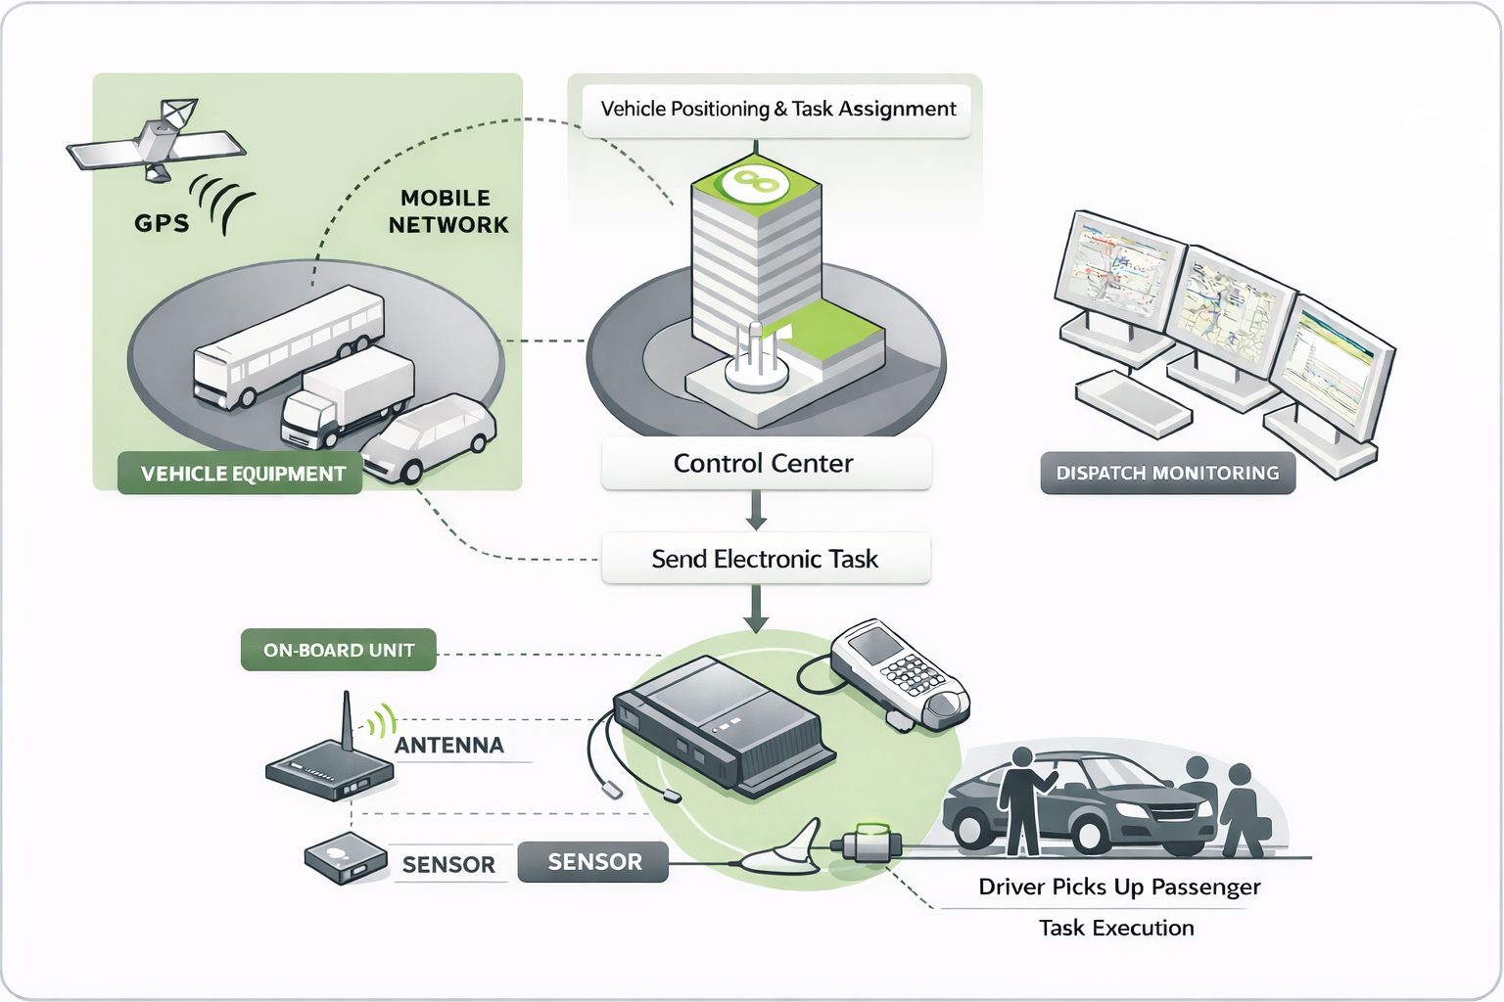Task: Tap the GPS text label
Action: click(162, 223)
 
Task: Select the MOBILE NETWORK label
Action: click(448, 211)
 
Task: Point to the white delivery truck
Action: click(348, 396)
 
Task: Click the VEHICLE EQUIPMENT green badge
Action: click(241, 474)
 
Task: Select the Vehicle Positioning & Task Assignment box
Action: click(777, 110)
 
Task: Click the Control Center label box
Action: click(765, 464)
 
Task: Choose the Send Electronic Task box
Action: click(765, 559)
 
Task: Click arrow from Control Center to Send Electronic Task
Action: click(756, 510)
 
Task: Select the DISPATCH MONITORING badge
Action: click(1167, 474)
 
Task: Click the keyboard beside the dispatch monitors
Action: click(1133, 404)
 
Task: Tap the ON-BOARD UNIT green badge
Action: click(338, 650)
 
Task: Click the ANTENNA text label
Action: click(449, 746)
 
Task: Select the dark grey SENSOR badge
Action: click(593, 862)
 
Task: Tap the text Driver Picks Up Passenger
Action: click(1119, 887)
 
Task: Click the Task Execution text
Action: click(1116, 928)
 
